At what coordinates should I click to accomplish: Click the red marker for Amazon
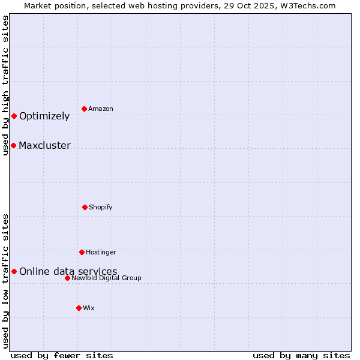[84, 109]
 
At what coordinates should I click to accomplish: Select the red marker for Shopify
[85, 207]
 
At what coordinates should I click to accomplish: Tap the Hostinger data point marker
[82, 252]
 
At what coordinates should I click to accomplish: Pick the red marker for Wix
[79, 308]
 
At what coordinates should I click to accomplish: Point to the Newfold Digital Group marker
[67, 278]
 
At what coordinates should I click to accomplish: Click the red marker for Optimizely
[14, 116]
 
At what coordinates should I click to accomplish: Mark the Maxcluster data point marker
[13, 145]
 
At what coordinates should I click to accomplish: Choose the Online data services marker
[14, 271]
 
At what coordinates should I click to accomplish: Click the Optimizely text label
[44, 116]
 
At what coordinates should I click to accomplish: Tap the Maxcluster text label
[44, 146]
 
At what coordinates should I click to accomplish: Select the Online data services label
[68, 272]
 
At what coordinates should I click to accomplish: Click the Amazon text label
[101, 109]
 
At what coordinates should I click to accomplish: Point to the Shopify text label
[101, 208]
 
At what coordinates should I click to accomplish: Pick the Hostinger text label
[101, 253]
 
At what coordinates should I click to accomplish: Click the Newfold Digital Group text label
[106, 278]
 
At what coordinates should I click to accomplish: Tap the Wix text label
[89, 308]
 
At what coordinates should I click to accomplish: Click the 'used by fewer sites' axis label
[62, 355]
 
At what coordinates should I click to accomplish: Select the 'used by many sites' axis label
[301, 355]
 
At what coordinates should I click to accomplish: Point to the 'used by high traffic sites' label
[5, 85]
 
